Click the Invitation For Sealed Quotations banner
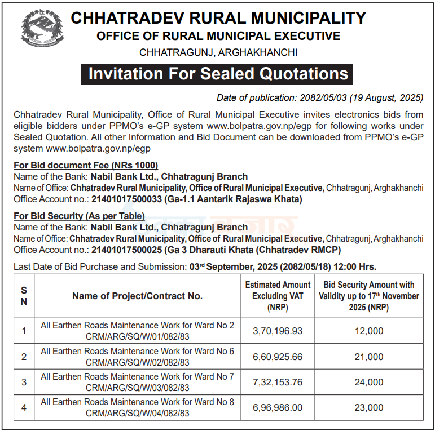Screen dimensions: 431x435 [217, 74]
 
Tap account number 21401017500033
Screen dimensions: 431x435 [126, 199]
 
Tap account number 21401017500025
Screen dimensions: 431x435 [126, 250]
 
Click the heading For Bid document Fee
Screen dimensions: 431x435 [86, 165]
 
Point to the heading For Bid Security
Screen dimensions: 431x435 [79, 216]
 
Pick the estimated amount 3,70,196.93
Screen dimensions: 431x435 [278, 331]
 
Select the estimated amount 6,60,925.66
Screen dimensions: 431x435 [278, 357]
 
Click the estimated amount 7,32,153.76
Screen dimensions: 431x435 [278, 382]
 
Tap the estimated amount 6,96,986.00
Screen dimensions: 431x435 [278, 407]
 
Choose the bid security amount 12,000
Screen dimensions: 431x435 [369, 331]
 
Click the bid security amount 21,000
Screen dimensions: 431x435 [369, 357]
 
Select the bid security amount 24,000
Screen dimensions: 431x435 [369, 382]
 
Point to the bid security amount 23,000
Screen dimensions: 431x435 [369, 407]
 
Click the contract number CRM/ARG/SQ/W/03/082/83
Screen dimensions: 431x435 [137, 388]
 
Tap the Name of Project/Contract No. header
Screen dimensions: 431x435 [137, 296]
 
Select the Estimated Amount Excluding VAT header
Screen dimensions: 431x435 [278, 296]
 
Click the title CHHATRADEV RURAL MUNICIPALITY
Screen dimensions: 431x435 [218, 18]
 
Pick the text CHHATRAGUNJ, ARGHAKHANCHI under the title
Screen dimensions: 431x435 [218, 52]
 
